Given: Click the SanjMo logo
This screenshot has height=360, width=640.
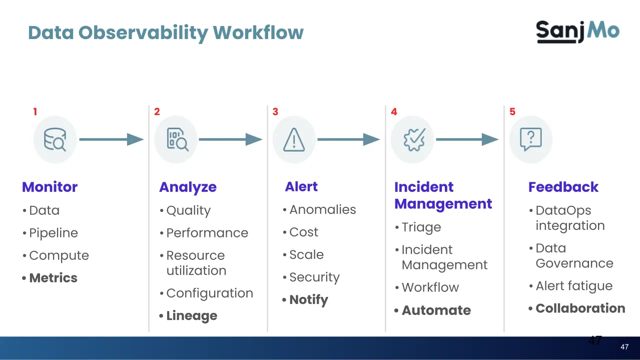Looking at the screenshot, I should pyautogui.click(x=577, y=31).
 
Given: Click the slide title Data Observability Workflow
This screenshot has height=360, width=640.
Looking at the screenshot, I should pyautogui.click(x=166, y=33).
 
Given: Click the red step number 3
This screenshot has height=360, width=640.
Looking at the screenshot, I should pyautogui.click(x=275, y=112).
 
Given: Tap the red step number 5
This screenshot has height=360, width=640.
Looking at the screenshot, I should pyautogui.click(x=512, y=112).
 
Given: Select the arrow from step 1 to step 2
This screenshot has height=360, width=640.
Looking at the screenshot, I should pyautogui.click(x=112, y=140).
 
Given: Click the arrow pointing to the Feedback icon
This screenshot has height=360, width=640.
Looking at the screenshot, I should pyautogui.click(x=467, y=140).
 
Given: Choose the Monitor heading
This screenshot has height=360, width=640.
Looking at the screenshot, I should pyautogui.click(x=50, y=187).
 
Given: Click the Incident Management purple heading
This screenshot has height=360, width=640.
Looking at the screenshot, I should pyautogui.click(x=443, y=195).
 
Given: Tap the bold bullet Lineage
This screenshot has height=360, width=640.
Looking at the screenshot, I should pyautogui.click(x=191, y=316).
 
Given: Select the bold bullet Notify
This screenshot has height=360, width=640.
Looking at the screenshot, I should pyautogui.click(x=308, y=300).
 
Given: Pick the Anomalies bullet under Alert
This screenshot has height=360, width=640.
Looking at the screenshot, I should pyautogui.click(x=322, y=210).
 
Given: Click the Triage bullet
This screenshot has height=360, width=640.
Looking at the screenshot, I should pyautogui.click(x=421, y=227).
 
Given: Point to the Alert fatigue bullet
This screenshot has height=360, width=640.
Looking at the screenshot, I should pyautogui.click(x=573, y=286).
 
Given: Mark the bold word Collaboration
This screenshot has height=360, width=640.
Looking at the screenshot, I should pyautogui.click(x=580, y=308).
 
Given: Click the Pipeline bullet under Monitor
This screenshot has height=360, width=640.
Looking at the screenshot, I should pyautogui.click(x=53, y=233).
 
